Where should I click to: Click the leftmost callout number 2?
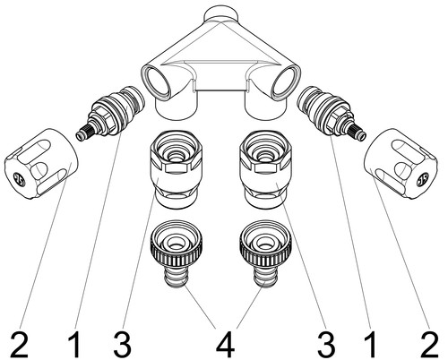20,345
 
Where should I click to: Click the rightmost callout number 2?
429,345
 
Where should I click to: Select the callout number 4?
225,345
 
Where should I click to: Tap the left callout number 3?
122,345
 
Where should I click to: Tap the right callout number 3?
326,345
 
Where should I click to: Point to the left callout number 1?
75,345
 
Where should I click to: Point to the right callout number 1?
371,345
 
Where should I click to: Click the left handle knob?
41,164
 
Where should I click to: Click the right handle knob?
401,164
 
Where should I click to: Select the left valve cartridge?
110,113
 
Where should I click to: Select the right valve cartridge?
332,113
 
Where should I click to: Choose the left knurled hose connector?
176,253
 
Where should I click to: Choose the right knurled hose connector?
265,253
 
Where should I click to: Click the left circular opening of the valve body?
159,81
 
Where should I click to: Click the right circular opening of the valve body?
286,81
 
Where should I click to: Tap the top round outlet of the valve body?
221,13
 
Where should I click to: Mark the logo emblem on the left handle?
21,179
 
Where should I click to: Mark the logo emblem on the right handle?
423,179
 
